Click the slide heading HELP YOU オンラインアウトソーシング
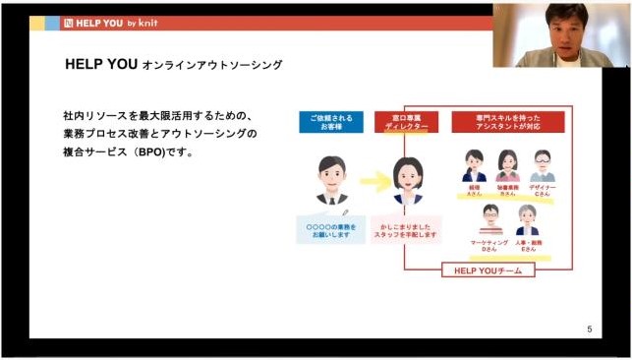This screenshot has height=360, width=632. pos(173,64)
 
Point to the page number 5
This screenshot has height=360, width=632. pos(589,329)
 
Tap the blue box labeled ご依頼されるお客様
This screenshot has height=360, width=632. pos(330,122)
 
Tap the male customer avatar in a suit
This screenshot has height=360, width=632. pos(331,179)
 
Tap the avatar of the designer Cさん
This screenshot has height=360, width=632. pos(542,164)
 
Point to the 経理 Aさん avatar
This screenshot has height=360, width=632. pos(475,164)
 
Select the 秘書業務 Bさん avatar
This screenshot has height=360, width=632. pos(508,164)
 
